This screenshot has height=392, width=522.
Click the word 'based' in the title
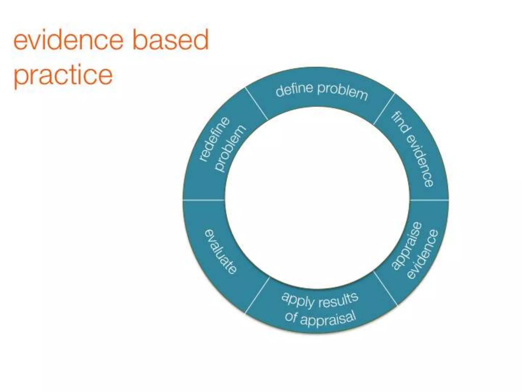171,40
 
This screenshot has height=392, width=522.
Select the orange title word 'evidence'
68,40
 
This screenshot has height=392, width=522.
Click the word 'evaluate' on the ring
221,251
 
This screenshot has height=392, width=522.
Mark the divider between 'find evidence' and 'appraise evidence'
429,200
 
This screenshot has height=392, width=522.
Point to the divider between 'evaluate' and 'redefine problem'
204,200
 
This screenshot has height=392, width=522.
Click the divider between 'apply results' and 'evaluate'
257,295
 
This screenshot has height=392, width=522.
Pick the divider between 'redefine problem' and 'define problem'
256,104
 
